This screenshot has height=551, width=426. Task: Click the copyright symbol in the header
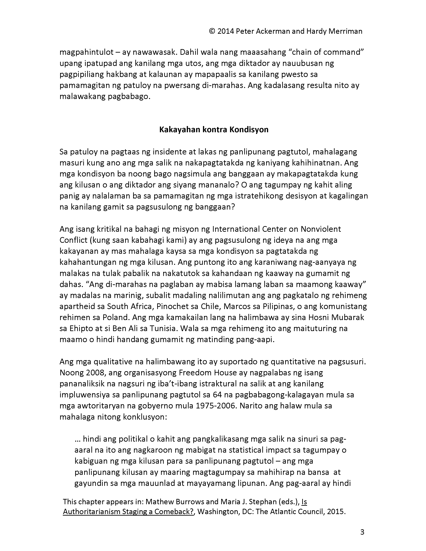click(x=212, y=31)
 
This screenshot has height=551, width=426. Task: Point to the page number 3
click(x=362, y=532)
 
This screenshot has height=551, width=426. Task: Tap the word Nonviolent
click(x=321, y=229)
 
